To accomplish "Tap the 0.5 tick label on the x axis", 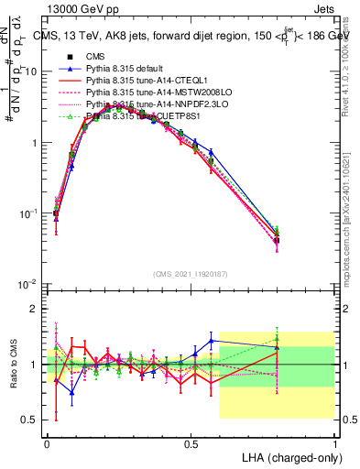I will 191,443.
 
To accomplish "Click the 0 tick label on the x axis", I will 47,443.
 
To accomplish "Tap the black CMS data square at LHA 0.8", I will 277,240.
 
